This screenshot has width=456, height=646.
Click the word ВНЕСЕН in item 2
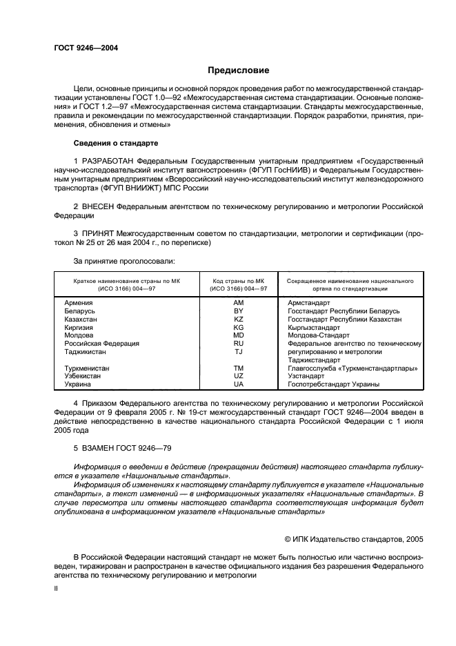(97, 206)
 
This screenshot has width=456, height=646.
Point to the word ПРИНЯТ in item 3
(97, 234)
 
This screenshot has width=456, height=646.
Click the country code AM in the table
(239, 303)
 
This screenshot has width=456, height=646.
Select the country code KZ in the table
(239, 320)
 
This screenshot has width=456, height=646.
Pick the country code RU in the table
(239, 343)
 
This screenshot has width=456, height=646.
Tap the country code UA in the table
(239, 384)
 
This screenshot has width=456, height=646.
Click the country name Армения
(79, 303)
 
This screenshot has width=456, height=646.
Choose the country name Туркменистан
(87, 368)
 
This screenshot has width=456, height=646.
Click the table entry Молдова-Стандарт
(319, 335)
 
